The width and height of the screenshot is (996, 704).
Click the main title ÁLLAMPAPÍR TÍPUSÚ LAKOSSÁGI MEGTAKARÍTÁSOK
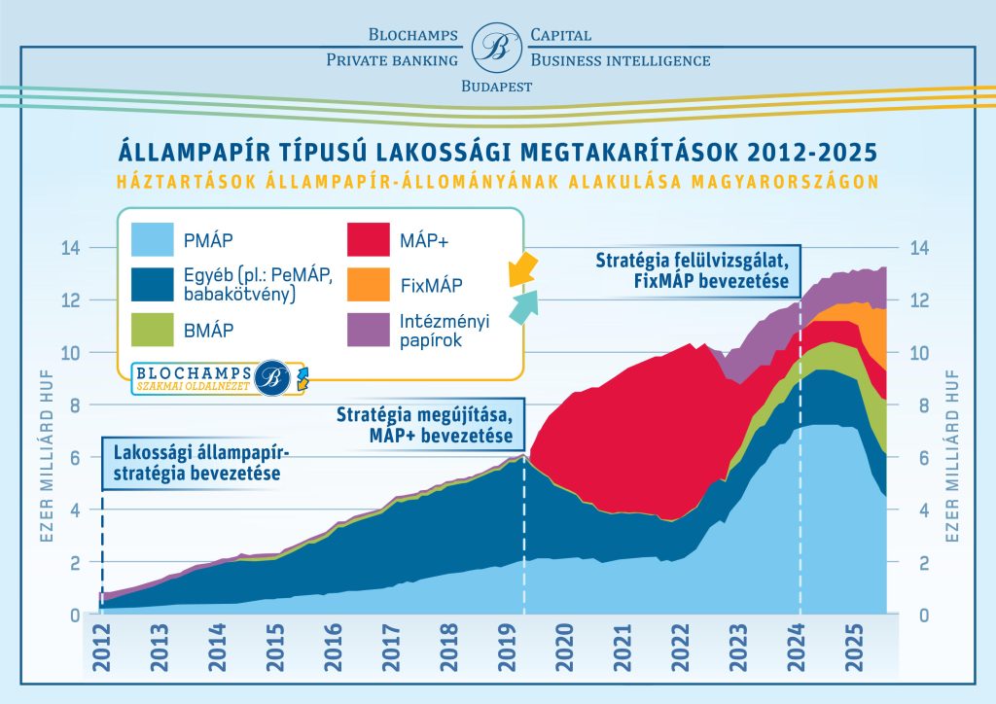click(497, 153)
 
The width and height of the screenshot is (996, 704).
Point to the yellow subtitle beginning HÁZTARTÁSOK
click(497, 181)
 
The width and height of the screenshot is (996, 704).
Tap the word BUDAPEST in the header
click(496, 87)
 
